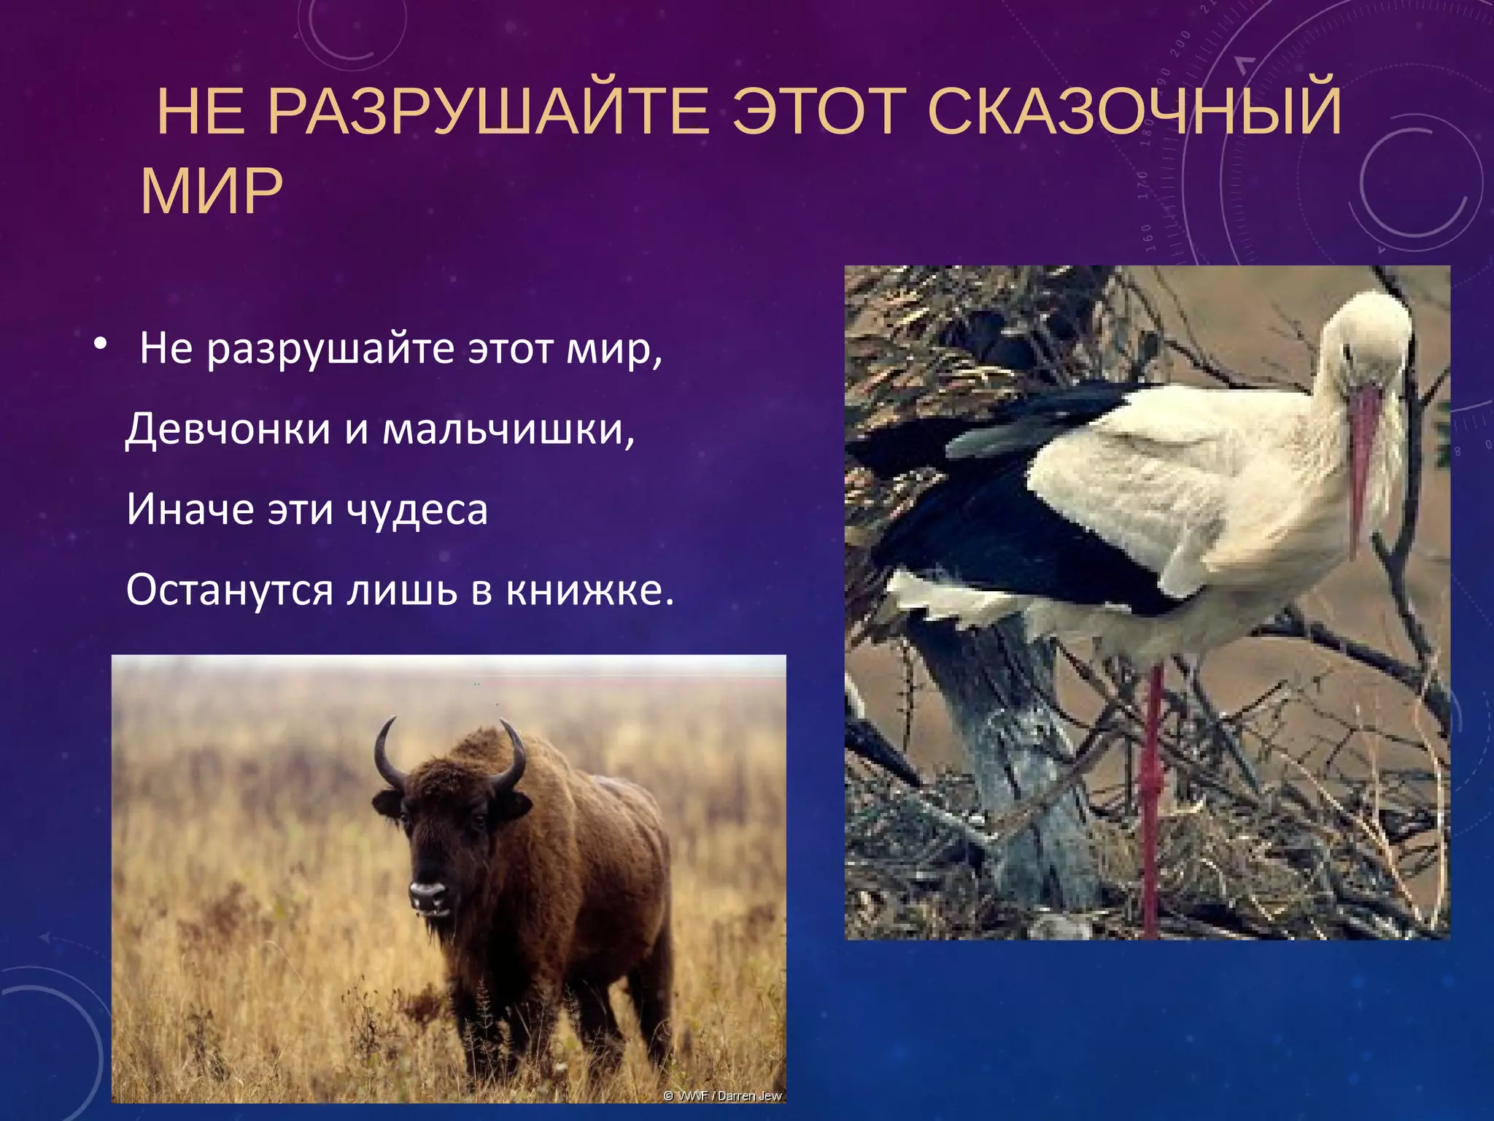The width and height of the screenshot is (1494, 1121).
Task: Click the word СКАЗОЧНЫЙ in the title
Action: coord(1134,112)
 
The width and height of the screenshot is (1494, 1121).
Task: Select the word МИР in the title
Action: coord(212,191)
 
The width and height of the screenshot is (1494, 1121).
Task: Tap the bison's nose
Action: coord(427,891)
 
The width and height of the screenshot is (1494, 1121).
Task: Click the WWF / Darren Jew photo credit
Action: coord(721,1095)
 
